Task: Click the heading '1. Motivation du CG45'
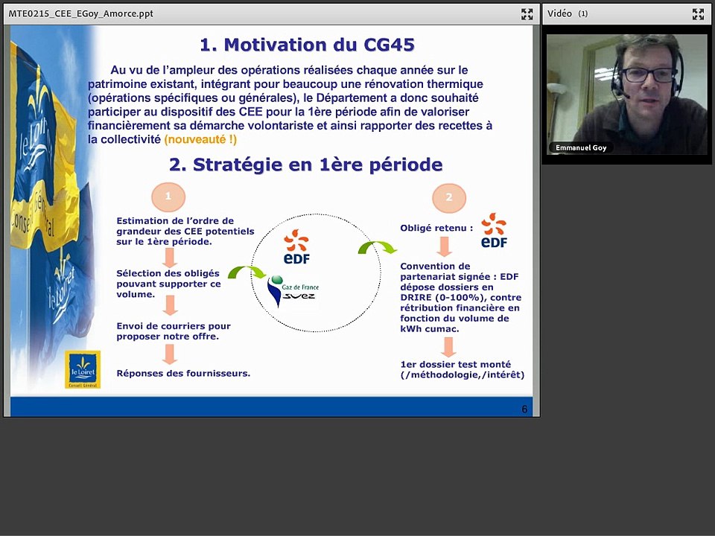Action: pos(307,45)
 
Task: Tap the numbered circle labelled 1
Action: pos(168,197)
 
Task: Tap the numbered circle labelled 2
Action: pos(448,198)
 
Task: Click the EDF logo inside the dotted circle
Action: pos(296,247)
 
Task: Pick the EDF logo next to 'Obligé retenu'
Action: pos(494,231)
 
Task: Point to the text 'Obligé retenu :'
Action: pos(436,229)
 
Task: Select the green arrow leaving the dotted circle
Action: pos(377,248)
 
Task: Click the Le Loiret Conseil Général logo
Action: pos(83,369)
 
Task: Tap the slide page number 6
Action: pos(524,409)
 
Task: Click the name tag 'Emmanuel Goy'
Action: pos(581,147)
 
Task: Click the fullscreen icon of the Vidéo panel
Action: pos(698,13)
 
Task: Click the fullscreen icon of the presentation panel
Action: pos(527,13)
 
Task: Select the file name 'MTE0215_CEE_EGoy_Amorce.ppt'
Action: pos(80,13)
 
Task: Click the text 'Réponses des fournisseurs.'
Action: pos(183,373)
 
